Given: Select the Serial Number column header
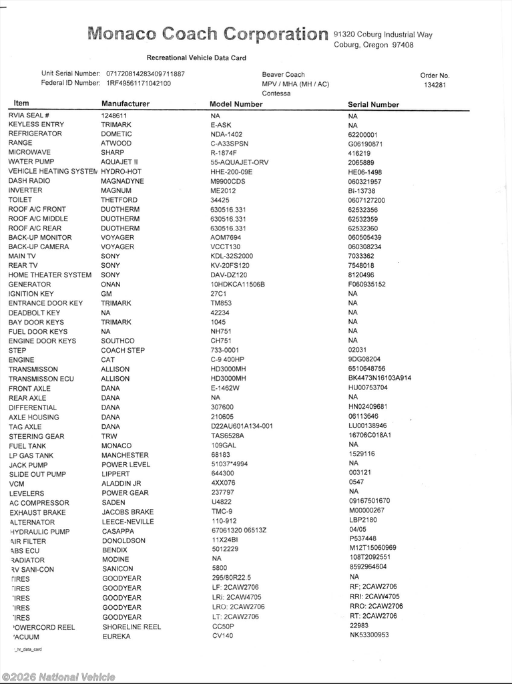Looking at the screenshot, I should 373,105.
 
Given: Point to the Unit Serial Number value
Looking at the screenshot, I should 146,73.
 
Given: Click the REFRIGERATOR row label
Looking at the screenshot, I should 35,134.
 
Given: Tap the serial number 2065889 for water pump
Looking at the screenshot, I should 361,162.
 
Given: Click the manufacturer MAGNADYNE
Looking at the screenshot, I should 122,181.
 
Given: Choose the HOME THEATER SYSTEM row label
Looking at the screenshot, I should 50,275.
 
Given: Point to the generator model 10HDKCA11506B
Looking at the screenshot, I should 238,285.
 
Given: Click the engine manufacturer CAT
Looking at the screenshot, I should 108,360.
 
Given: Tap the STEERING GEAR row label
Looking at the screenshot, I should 37,437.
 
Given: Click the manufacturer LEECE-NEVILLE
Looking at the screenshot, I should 127,522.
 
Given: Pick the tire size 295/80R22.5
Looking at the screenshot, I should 232,578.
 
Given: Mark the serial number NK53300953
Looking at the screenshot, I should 368,635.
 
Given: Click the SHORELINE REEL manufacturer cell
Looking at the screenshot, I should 132,627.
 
